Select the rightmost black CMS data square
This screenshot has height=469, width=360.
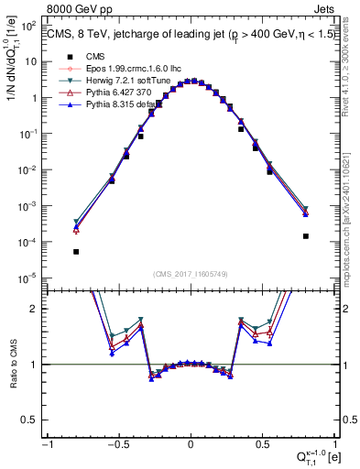(305, 236)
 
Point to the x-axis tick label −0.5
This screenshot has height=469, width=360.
(117, 446)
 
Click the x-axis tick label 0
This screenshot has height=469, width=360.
(191, 446)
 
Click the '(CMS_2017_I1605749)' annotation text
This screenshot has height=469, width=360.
(191, 274)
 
